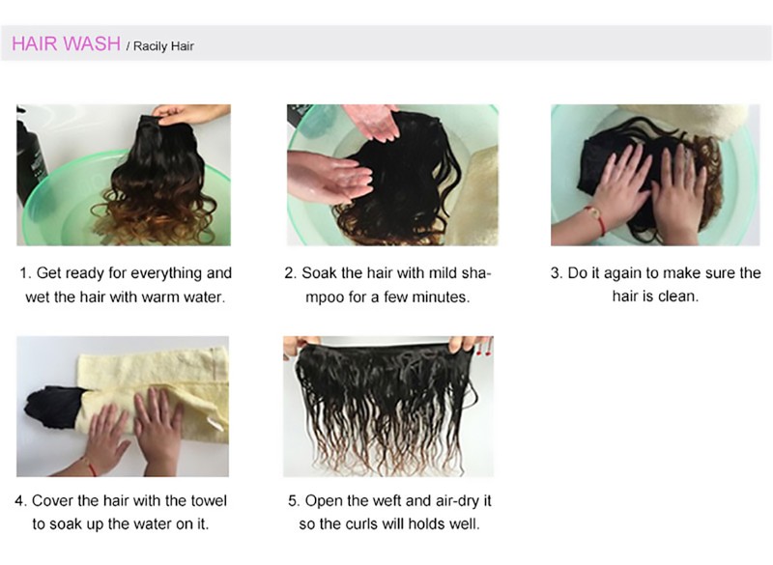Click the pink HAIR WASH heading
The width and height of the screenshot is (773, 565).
(x=66, y=43)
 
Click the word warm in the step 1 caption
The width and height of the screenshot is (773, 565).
(x=160, y=297)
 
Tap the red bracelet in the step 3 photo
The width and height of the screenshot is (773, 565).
(x=596, y=217)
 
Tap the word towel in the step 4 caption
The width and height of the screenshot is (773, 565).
(x=208, y=500)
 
